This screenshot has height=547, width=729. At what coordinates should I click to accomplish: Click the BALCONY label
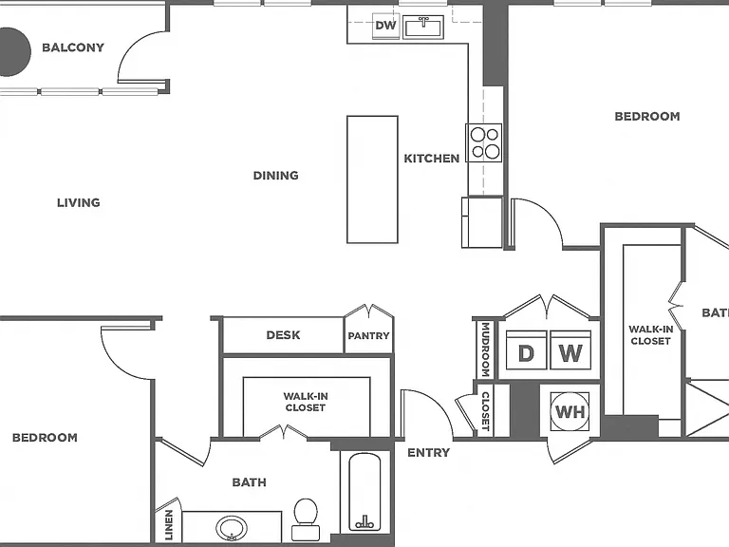(x=73, y=47)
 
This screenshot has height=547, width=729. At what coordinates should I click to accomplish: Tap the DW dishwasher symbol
(x=386, y=26)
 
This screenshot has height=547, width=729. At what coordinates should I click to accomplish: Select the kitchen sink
(x=423, y=27)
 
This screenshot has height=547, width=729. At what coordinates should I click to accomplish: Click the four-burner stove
(x=484, y=142)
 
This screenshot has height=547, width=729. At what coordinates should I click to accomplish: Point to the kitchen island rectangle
(x=372, y=179)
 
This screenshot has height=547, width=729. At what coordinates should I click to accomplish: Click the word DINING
(x=275, y=176)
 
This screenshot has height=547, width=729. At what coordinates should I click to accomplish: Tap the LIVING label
(x=79, y=203)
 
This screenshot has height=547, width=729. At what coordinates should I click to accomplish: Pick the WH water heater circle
(x=570, y=411)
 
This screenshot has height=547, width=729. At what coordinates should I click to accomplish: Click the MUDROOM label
(x=485, y=349)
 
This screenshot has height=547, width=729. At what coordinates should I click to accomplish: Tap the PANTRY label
(x=368, y=336)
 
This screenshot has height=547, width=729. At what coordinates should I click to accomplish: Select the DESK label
(x=283, y=335)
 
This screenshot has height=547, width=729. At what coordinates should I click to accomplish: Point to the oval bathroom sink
(x=232, y=528)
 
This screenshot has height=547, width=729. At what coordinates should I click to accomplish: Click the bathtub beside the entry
(x=364, y=492)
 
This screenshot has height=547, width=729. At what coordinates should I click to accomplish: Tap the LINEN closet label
(x=169, y=524)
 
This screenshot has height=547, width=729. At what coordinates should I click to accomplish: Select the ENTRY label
(x=429, y=453)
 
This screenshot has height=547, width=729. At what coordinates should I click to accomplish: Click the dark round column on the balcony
(x=13, y=51)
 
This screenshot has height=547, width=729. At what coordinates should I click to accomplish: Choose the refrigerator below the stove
(x=482, y=222)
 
